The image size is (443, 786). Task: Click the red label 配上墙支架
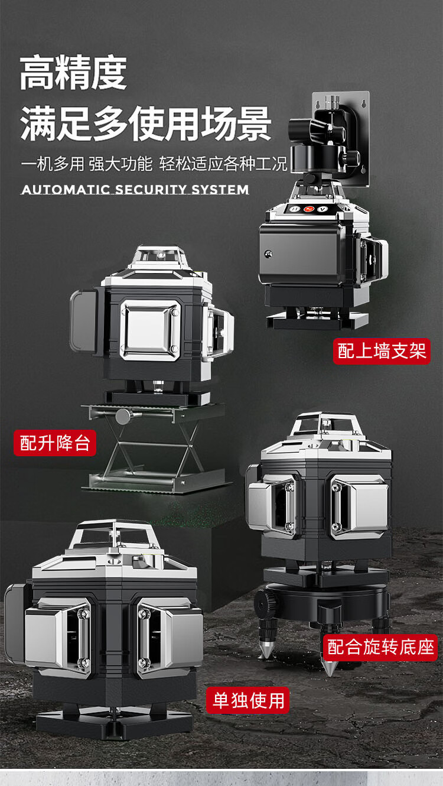coord(382,351)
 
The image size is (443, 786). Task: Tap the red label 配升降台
coord(55,443)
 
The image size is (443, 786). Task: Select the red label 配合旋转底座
coord(380,647)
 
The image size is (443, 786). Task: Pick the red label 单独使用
coord(247,700)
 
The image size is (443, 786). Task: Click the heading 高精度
coord(73,73)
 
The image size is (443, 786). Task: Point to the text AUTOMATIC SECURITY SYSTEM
coord(135,190)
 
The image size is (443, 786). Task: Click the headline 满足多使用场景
coord(145,124)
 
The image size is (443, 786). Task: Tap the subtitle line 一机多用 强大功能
coord(87,164)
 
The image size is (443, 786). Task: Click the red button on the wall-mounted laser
coord(309,209)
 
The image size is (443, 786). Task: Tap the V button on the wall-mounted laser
coord(323,209)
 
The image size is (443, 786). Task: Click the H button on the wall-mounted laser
coord(295,209)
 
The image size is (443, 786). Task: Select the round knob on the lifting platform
coord(123,417)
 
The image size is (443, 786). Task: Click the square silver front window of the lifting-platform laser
coord(151,330)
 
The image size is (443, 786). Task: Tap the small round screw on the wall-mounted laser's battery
coord(269,254)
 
